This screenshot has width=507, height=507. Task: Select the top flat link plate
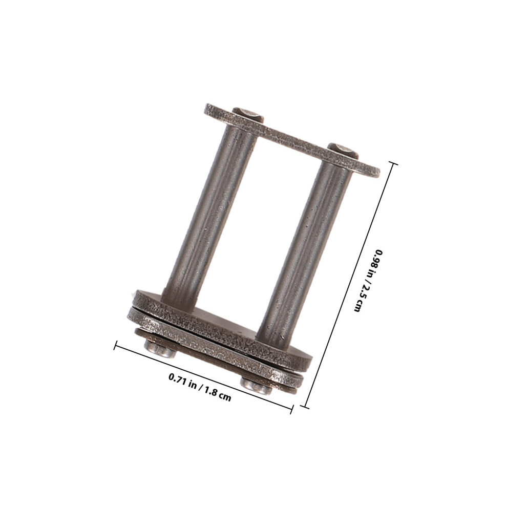pos(292,140)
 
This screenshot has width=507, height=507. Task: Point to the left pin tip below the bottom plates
pos(160,349)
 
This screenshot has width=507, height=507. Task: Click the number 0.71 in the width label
pos(178,378)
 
